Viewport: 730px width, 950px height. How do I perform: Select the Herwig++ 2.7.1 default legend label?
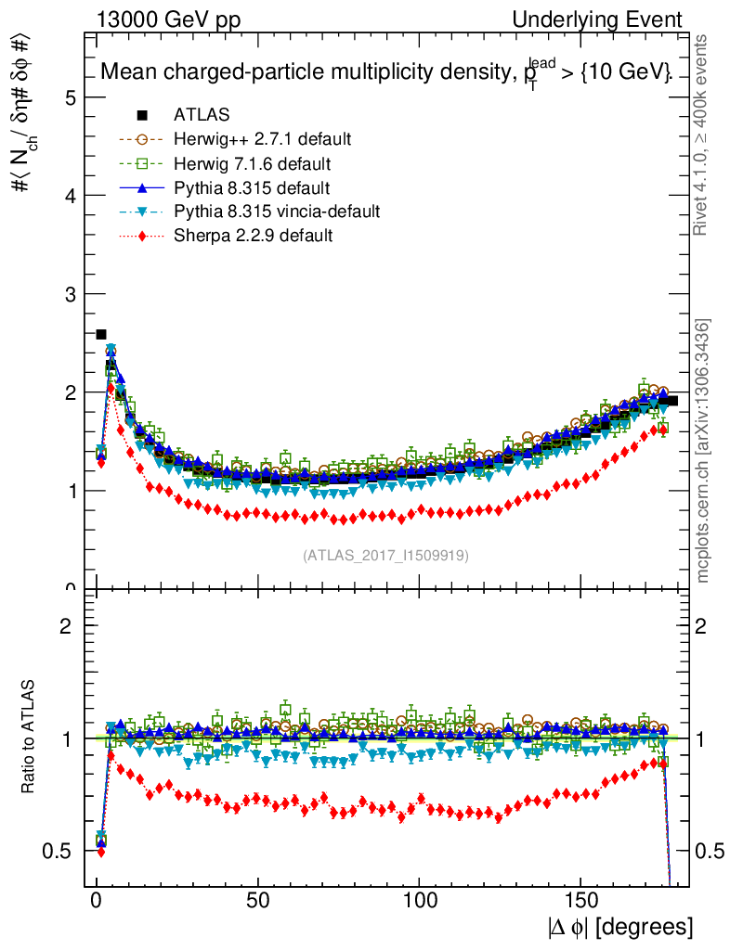coord(262,139)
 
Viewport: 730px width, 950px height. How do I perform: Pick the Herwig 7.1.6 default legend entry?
coord(253,163)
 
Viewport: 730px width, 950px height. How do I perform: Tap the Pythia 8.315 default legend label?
coord(251,187)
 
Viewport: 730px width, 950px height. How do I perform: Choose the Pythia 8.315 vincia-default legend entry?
coord(276,212)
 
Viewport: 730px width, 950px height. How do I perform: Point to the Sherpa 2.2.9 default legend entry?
coord(253,236)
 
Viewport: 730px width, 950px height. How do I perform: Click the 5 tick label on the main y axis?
coord(70,97)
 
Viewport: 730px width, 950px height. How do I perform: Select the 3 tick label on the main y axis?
coord(70,294)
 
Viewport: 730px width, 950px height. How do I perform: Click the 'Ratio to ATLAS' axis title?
coord(30,738)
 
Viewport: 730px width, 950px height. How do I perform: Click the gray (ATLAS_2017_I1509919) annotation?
coord(385,556)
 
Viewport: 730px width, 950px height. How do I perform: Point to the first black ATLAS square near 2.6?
coord(101,334)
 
